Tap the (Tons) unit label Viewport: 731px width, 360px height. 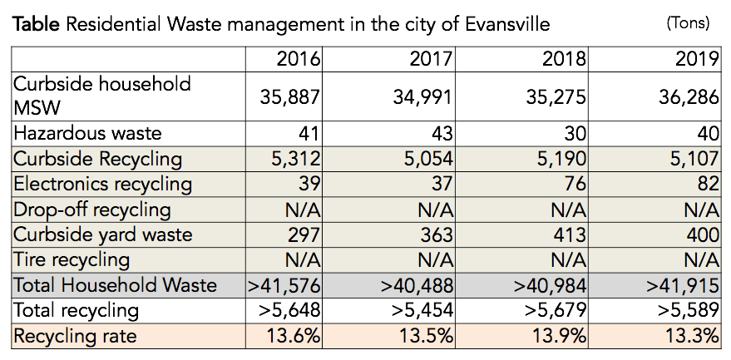(x=688, y=23)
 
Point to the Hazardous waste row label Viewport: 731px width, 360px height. (x=87, y=133)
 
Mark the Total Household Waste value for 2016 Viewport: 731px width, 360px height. (x=285, y=285)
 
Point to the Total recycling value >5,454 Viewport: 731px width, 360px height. (x=417, y=311)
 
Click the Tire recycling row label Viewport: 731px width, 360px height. (x=72, y=260)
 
